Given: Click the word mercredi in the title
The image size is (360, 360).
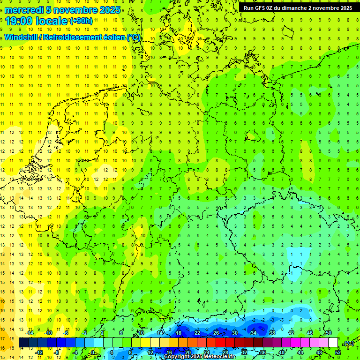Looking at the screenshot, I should [24, 10].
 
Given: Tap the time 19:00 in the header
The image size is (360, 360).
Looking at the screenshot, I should [21, 21].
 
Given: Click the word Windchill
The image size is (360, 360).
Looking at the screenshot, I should [21, 37].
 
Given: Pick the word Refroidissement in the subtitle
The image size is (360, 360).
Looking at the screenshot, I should [74, 37].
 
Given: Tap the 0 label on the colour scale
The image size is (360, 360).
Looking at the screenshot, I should [93, 352].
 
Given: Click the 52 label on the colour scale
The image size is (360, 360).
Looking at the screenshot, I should [338, 352].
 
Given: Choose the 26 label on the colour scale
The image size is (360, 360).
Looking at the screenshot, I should [216, 333].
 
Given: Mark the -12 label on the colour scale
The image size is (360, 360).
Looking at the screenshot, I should [39, 352].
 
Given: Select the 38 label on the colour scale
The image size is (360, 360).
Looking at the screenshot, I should [272, 333].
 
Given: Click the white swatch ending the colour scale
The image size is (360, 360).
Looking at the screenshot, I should [333, 343].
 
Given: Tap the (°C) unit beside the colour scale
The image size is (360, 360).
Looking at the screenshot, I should [349, 343].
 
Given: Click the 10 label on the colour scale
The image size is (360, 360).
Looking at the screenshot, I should [141, 333].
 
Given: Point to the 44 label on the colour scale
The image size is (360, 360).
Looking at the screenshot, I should [300, 352].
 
